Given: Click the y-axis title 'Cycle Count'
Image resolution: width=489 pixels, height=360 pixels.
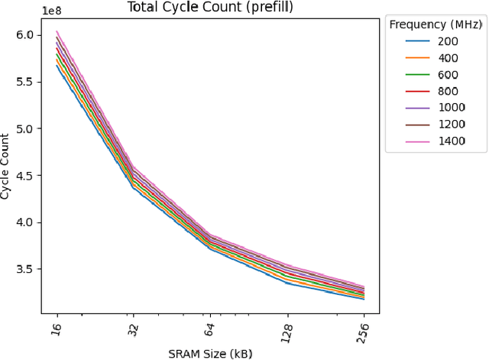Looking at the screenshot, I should pyautogui.click(x=7, y=167).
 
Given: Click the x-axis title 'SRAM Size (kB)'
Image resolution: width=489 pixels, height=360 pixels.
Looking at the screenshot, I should pyautogui.click(x=209, y=353).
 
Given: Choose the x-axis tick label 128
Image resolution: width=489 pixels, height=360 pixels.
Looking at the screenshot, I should pyautogui.click(x=287, y=332).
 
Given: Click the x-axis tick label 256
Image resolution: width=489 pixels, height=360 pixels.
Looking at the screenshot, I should pyautogui.click(x=363, y=332).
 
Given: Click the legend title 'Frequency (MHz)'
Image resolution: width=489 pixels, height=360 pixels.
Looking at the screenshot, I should pyautogui.click(x=436, y=24).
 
